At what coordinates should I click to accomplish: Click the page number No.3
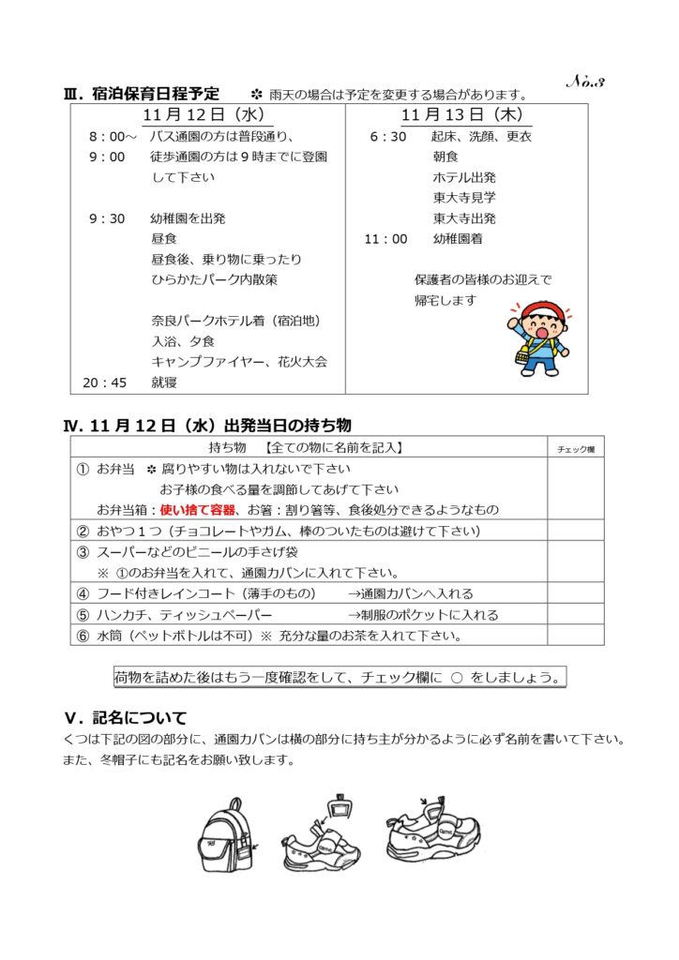[x=586, y=82]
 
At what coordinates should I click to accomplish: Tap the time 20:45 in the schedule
[x=105, y=382]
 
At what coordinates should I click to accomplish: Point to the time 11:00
[x=385, y=239]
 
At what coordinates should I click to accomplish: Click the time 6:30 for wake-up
[x=388, y=137]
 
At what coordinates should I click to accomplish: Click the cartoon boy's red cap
[x=539, y=310]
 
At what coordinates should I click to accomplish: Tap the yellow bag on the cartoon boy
[x=521, y=355]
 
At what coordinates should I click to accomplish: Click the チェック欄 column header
[x=576, y=449]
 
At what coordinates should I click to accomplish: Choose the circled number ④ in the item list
[x=83, y=593]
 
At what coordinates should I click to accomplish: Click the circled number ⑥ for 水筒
[x=83, y=636]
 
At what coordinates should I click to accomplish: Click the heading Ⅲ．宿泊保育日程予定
[x=141, y=94]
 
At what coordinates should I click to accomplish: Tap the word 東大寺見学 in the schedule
[x=464, y=198]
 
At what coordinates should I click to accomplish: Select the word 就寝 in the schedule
[x=164, y=382]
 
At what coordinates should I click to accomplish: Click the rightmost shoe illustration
[x=432, y=830]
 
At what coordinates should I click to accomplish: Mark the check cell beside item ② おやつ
[x=576, y=532]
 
